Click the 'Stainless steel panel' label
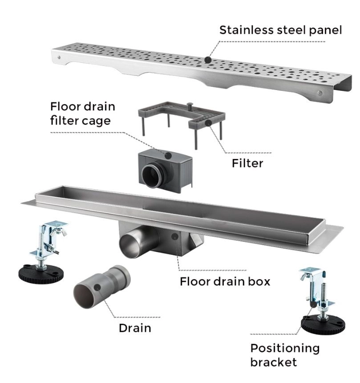click(281, 30)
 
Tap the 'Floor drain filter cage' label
click(82, 113)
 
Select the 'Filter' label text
click(247, 163)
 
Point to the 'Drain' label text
click(134, 328)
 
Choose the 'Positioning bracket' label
click(285, 354)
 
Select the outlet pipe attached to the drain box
click(134, 243)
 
